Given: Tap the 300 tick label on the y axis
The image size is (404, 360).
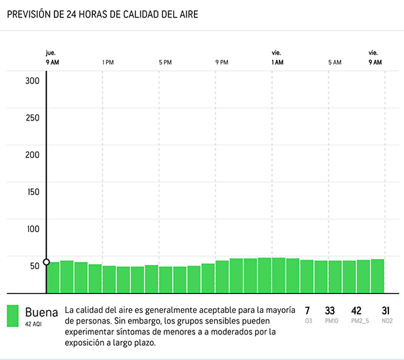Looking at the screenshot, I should tap(32, 81).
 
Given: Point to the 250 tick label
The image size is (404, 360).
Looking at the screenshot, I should tap(32, 118).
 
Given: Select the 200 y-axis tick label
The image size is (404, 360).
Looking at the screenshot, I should tap(32, 155).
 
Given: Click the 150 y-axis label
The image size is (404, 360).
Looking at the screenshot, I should tap(32, 192).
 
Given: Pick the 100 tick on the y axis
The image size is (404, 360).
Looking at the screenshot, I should tap(32, 229).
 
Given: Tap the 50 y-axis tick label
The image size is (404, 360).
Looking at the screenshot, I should tap(34, 266).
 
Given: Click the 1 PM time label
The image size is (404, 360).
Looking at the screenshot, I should tap(108, 63).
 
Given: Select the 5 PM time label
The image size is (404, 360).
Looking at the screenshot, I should tap(165, 63).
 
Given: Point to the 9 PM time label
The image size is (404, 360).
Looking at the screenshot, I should tap(222, 63).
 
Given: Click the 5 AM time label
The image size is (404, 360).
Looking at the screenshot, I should tap(335, 63).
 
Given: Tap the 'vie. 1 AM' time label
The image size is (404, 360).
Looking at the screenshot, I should tap(277, 58).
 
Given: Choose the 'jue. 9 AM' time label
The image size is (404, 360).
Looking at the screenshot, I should tap(52, 58).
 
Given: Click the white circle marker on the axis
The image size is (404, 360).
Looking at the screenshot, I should tap(46, 262).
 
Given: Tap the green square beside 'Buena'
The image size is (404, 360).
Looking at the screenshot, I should tap(13, 316).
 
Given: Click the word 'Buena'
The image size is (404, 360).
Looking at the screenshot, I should tap(42, 312).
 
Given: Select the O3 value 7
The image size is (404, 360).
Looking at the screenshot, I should tap(308, 311).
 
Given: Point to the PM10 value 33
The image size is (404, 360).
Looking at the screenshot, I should tap(330, 311).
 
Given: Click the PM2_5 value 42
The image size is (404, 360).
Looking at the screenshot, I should tap(357, 311).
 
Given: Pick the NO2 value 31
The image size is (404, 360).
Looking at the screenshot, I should tap(386, 311).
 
